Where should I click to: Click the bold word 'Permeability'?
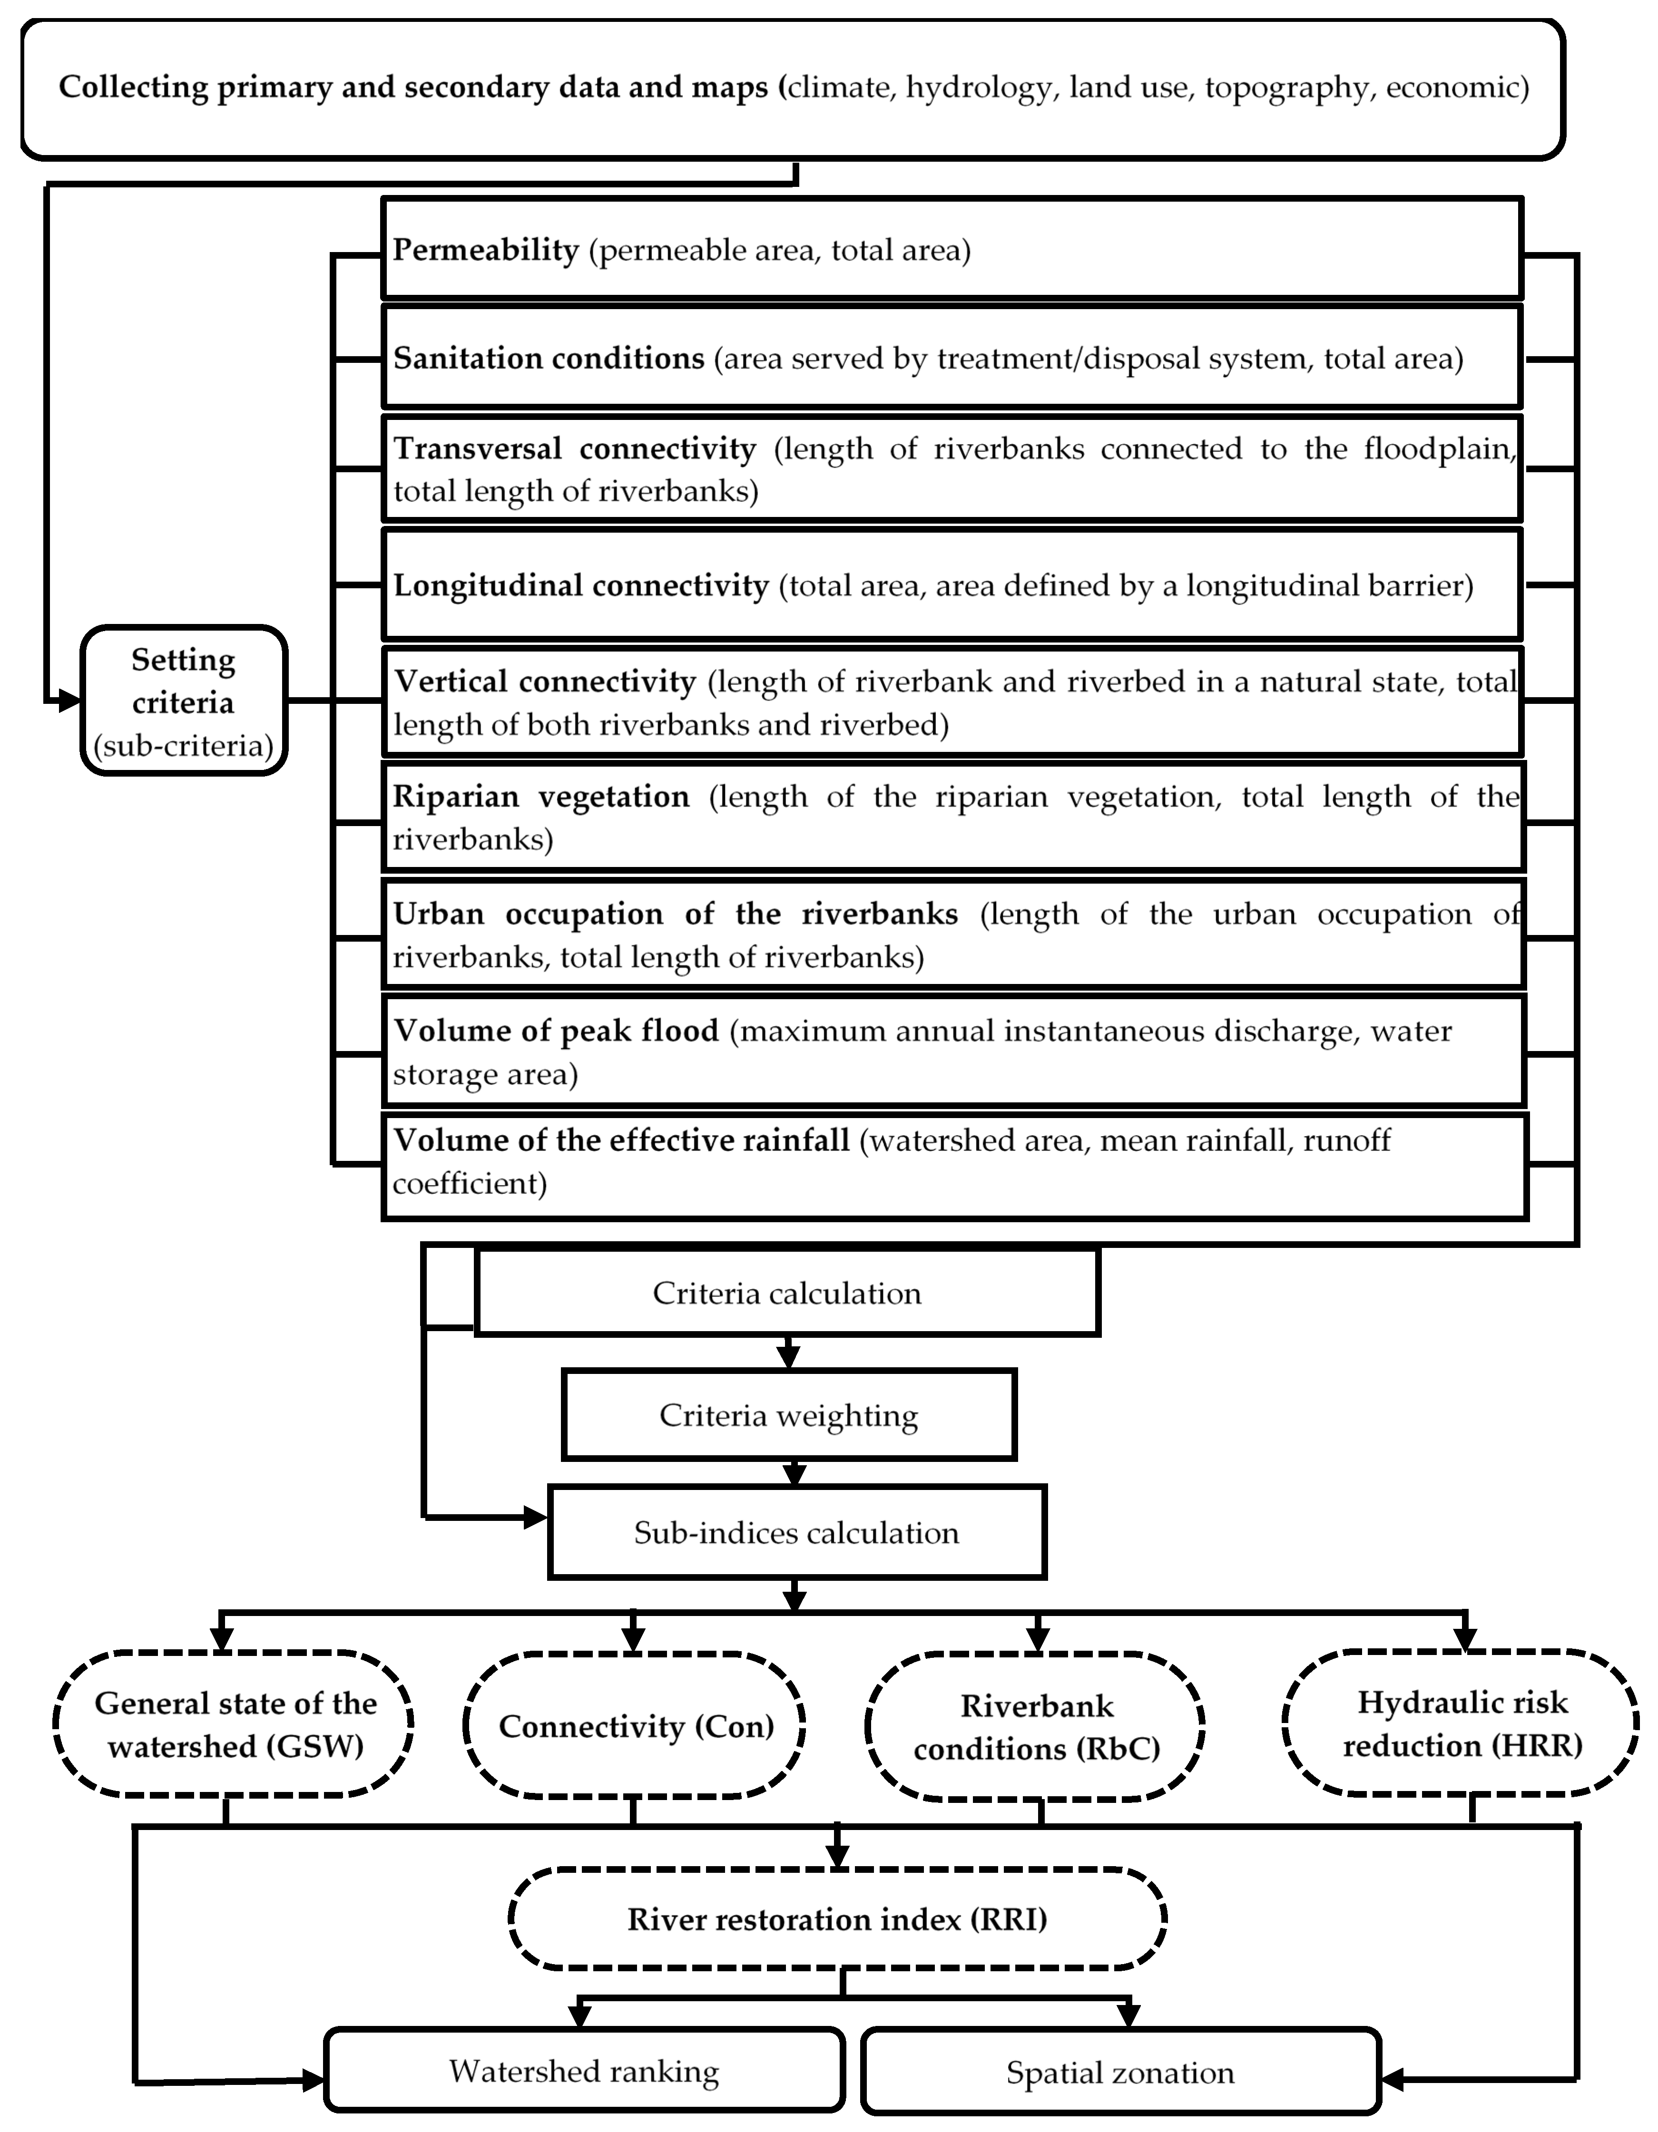485,250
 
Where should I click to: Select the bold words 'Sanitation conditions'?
549,358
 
